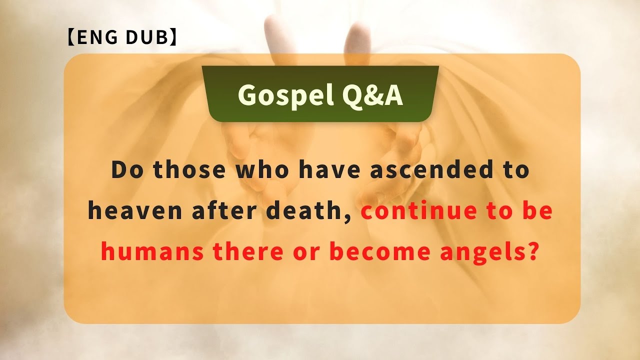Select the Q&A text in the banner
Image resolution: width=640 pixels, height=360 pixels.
pos(372,94)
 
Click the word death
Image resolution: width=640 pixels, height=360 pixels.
pos(309,211)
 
